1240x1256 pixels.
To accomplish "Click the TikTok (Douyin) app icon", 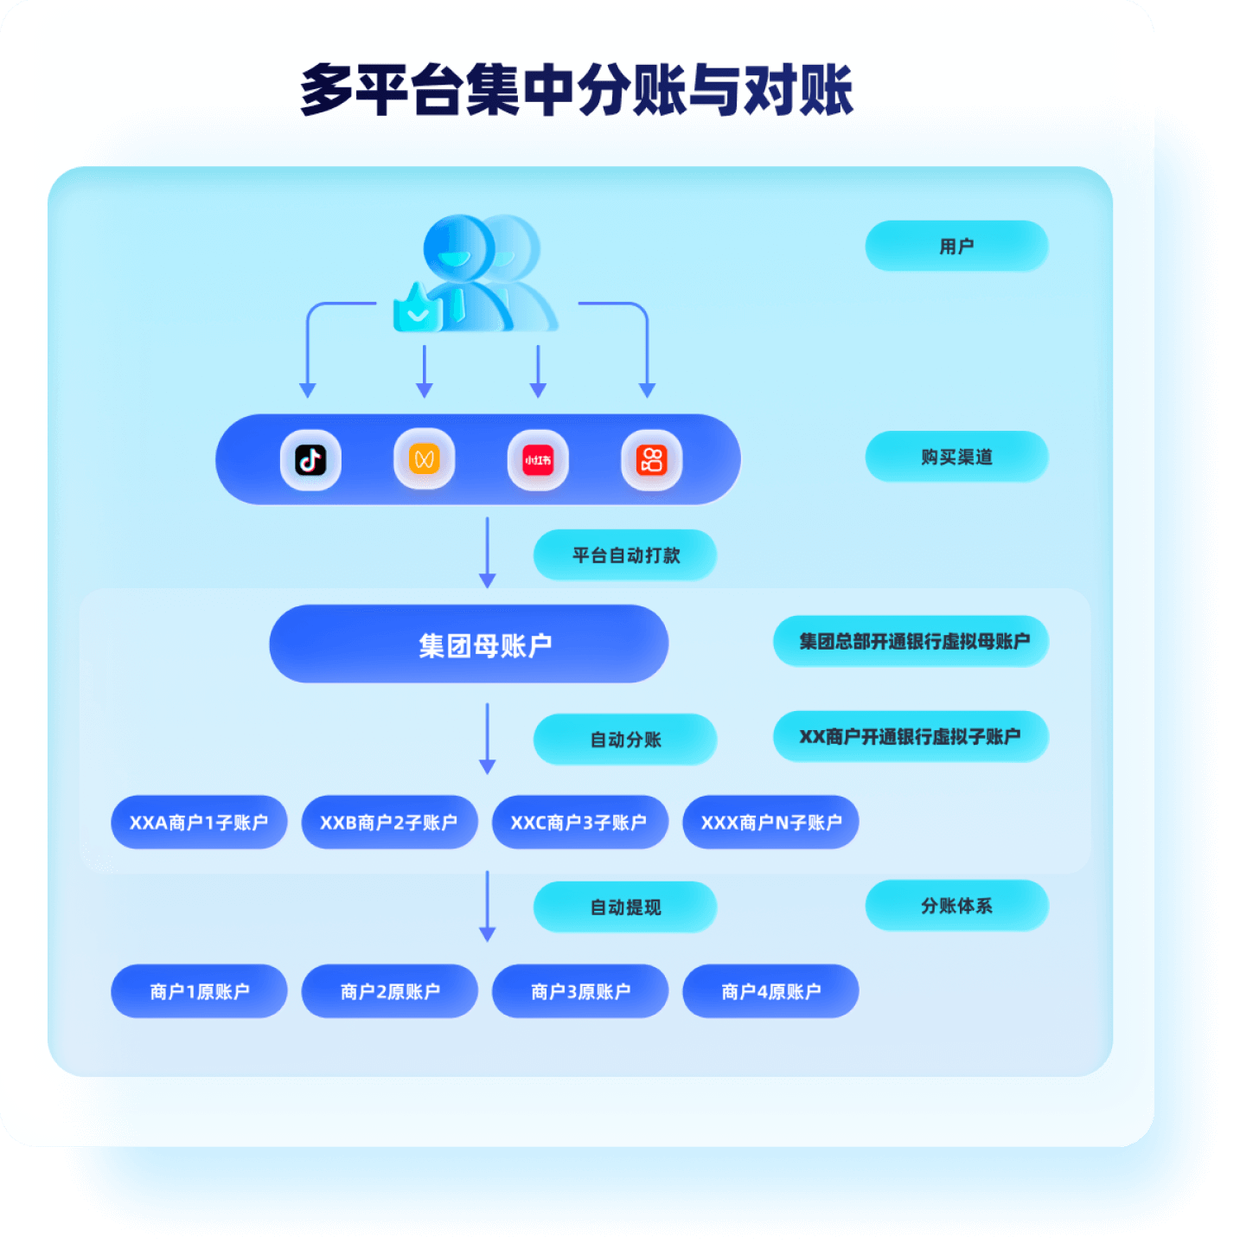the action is [310, 460].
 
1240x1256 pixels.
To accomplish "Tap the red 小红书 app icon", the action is [538, 460].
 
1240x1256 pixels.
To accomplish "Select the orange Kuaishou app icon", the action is [652, 460].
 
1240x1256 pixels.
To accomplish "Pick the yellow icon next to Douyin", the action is [425, 458].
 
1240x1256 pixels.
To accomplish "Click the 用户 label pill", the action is [956, 246].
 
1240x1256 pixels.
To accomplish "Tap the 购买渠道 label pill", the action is [956, 456].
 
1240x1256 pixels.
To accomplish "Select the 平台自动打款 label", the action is [625, 554].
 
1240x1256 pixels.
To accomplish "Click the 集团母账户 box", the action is [469, 644].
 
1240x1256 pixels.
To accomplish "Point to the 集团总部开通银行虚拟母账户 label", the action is [911, 641].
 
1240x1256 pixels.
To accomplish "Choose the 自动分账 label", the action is [625, 739].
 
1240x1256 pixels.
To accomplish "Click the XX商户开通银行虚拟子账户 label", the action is [911, 736].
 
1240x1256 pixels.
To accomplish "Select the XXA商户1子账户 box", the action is [199, 822].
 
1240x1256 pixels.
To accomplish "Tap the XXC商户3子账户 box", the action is [580, 822].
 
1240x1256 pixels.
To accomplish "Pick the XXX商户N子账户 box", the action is [770, 822].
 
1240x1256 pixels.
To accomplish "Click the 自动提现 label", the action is [625, 907].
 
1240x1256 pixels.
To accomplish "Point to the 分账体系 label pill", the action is [956, 906].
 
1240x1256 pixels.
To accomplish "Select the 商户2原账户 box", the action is [390, 990].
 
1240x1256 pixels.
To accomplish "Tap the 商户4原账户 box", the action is [770, 990].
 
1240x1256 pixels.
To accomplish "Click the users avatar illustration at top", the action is [476, 273].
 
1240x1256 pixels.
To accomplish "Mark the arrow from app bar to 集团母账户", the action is [488, 553].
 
